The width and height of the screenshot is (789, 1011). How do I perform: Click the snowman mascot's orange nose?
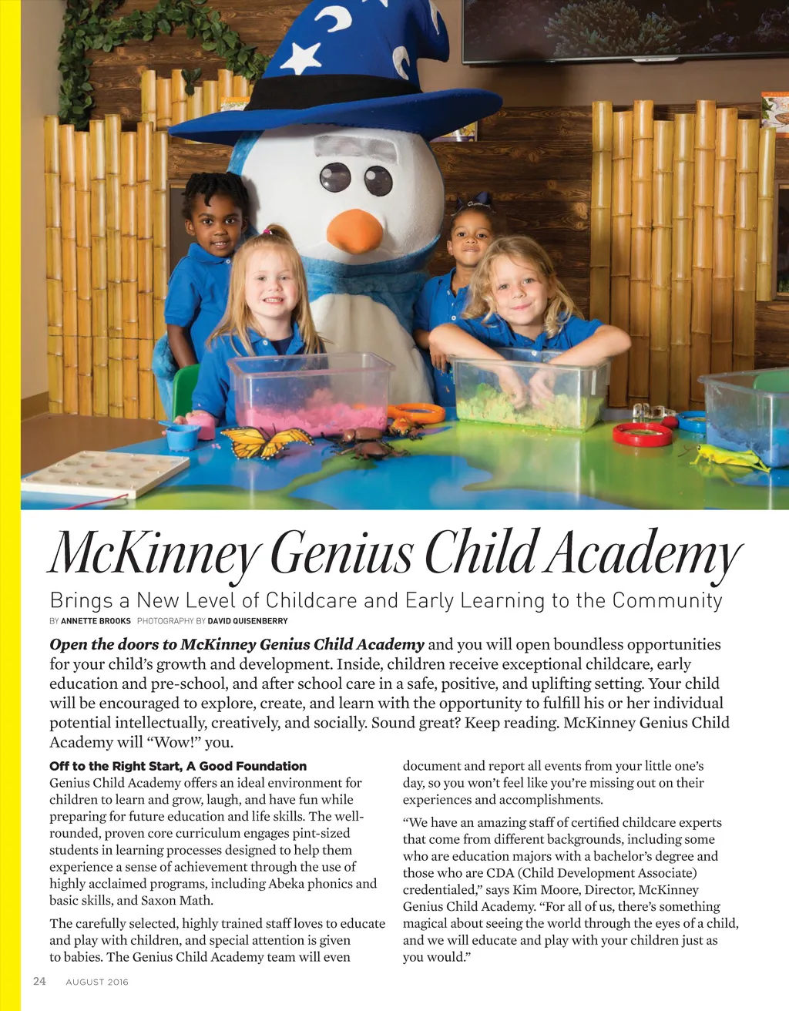(354, 230)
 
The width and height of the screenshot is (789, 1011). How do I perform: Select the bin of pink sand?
(311, 395)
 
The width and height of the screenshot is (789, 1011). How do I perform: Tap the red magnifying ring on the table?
(642, 435)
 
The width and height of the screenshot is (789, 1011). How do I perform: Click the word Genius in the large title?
(342, 553)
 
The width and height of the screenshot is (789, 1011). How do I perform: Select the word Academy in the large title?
(644, 553)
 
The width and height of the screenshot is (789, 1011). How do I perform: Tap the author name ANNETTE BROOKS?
(96, 620)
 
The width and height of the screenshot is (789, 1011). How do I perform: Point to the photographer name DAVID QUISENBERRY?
(247, 620)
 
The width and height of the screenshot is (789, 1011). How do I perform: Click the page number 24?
(39, 981)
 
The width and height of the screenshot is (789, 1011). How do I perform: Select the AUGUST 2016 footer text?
(97, 982)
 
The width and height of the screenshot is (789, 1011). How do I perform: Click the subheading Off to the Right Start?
(178, 766)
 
